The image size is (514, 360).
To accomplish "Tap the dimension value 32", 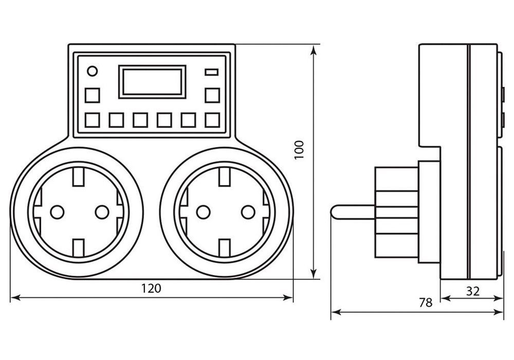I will pyautogui.click(x=473, y=291).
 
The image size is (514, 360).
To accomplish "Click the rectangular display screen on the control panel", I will pyautogui.click(x=152, y=81).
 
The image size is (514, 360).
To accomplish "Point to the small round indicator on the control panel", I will pyautogui.click(x=92, y=71).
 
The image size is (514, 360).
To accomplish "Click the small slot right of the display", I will pyautogui.click(x=212, y=72).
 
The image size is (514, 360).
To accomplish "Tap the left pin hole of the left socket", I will pyautogui.click(x=57, y=211).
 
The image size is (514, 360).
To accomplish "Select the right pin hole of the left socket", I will pyautogui.click(x=102, y=211).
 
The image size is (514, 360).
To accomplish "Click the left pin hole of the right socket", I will pyautogui.click(x=204, y=211).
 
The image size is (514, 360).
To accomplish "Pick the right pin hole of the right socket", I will pyautogui.click(x=248, y=211).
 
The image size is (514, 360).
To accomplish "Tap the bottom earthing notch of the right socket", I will pyautogui.click(x=225, y=247).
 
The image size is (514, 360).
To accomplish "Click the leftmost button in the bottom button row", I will pyautogui.click(x=92, y=120).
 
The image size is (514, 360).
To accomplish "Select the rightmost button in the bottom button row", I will pyautogui.click(x=212, y=120).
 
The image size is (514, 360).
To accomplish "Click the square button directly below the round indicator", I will pyautogui.click(x=92, y=96).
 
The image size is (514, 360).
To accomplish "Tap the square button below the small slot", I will pyautogui.click(x=212, y=96).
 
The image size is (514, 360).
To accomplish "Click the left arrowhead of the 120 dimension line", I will pyautogui.click(x=12, y=297).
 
